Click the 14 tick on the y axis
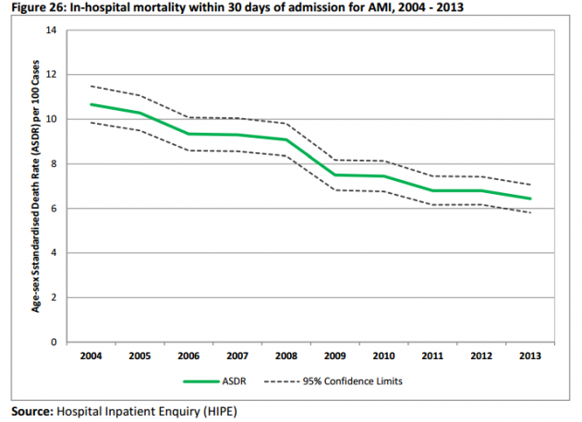pyautogui.click(x=52, y=30)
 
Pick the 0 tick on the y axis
pyautogui.click(x=55, y=342)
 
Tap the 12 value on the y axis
pyautogui.click(x=52, y=75)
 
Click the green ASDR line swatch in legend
pyautogui.click(x=202, y=380)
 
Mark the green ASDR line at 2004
pyautogui.click(x=91, y=104)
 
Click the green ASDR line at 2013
pyautogui.click(x=530, y=199)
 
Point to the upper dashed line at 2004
pyautogui.click(x=91, y=86)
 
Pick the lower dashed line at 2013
pyautogui.click(x=530, y=212)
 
